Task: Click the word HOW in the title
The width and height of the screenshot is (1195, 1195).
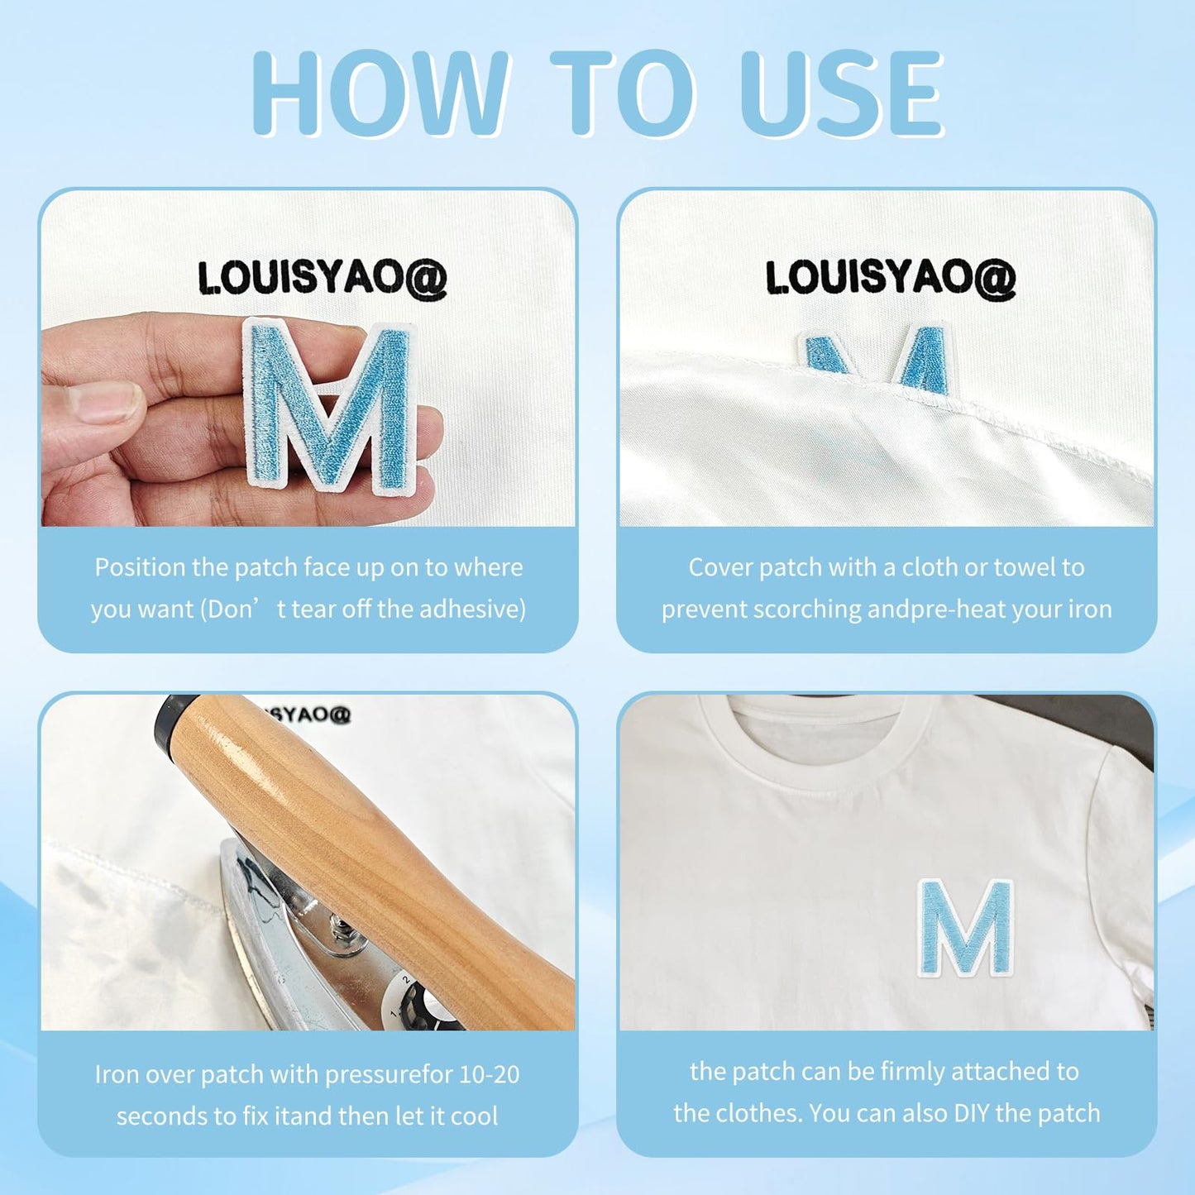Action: pos(380,93)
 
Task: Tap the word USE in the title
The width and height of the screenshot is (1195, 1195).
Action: pos(842,93)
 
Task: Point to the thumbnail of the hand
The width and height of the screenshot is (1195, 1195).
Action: pos(104,401)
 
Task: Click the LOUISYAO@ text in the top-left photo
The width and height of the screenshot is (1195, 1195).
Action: pos(323,279)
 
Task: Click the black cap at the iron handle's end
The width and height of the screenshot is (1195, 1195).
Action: pos(170,723)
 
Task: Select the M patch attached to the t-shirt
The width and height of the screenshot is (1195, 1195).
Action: pos(965,928)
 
